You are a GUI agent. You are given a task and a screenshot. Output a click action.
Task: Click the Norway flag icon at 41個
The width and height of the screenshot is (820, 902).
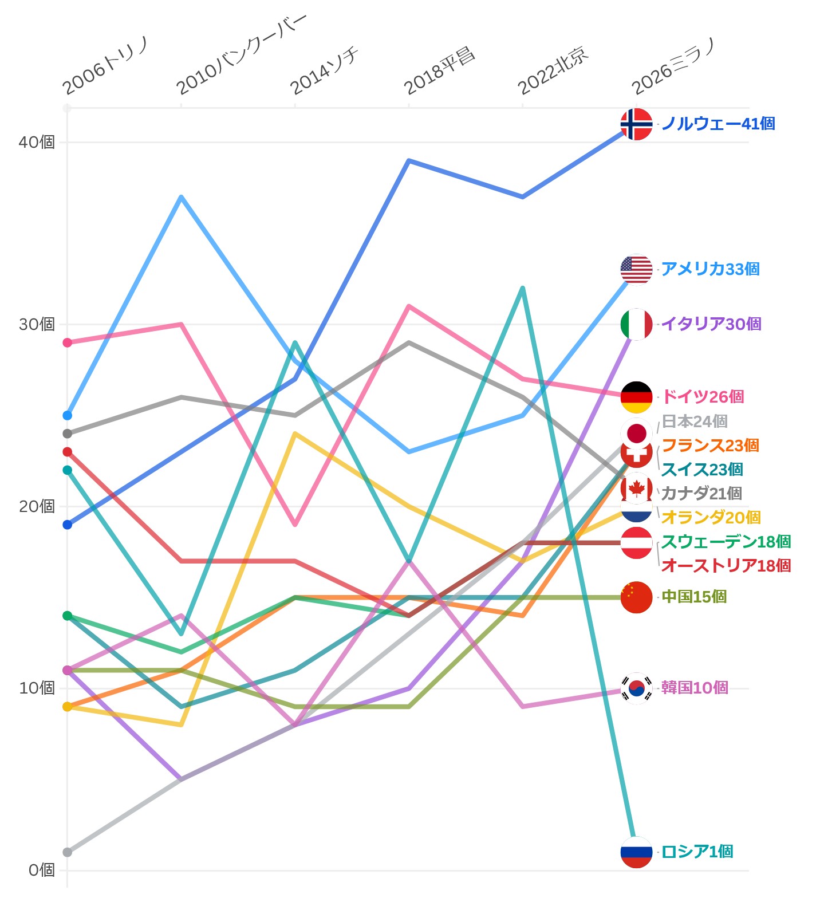636,124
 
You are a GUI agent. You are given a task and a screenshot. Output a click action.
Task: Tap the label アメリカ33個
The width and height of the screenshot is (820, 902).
710,269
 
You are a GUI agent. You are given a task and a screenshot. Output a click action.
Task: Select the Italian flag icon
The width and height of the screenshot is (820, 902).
636,324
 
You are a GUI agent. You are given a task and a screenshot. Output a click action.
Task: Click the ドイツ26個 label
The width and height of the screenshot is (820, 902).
703,396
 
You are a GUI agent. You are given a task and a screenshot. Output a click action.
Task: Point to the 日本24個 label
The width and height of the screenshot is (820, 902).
694,422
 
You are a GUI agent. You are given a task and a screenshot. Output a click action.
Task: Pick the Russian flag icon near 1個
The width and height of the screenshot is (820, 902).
636,852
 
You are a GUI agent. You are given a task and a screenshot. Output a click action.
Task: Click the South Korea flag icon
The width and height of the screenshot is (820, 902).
636,688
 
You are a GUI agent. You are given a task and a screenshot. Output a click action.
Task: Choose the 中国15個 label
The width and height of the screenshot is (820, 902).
693,597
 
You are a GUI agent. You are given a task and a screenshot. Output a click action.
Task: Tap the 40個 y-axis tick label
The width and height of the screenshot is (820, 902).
37,142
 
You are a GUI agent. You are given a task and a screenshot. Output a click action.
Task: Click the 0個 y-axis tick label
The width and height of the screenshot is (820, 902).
41,870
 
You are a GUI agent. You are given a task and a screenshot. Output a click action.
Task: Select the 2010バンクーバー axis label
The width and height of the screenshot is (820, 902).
241,55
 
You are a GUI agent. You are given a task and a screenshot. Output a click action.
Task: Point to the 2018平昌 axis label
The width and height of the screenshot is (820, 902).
439,72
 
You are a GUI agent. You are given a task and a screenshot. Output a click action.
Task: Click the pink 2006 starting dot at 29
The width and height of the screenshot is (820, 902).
67,342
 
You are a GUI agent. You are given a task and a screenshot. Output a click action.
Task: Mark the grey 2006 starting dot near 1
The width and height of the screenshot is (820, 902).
67,852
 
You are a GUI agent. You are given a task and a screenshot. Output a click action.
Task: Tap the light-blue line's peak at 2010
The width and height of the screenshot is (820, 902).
181,197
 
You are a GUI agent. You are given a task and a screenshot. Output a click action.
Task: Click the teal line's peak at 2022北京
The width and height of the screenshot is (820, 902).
523,288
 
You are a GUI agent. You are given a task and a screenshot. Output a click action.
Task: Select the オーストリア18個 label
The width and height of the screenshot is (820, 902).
726,566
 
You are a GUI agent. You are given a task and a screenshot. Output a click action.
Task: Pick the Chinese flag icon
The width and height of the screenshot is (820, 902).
636,597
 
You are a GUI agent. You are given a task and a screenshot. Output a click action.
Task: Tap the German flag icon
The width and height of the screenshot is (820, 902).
636,397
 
